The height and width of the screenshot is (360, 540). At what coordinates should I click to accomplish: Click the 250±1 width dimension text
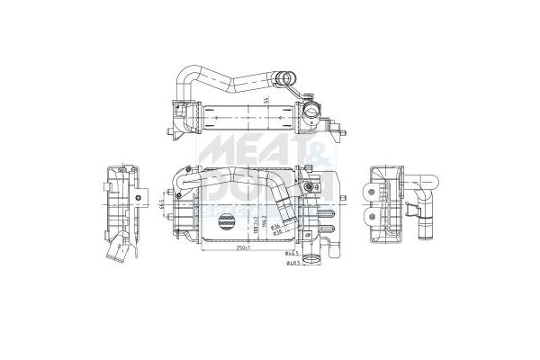click(238, 249)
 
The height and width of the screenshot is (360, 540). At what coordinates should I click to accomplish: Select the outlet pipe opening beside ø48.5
click(312, 261)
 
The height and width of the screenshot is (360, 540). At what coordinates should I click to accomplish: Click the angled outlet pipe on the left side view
click(119, 255)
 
